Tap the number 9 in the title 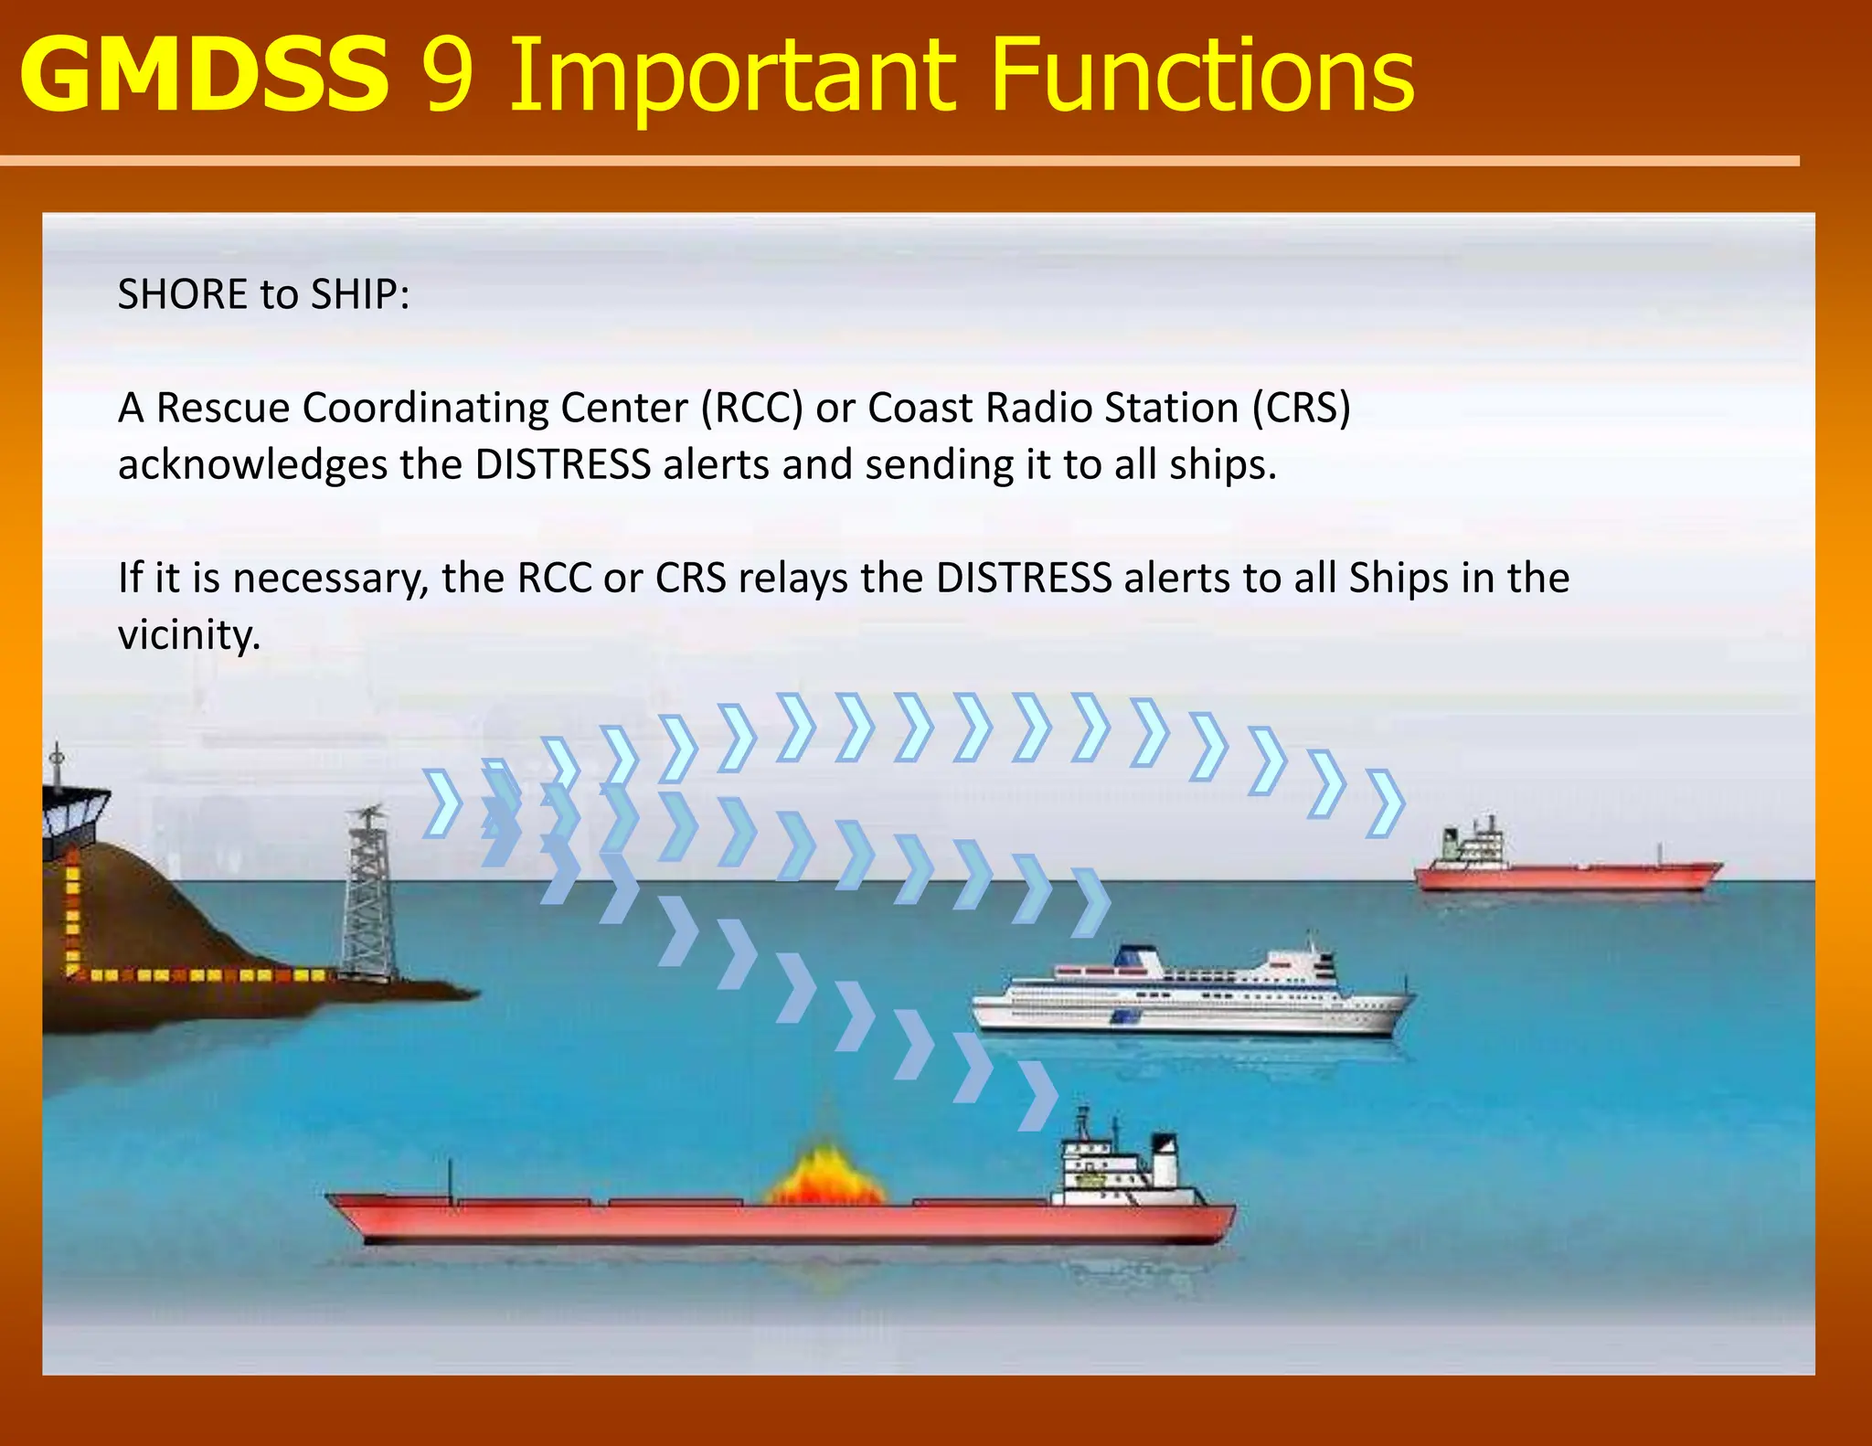coord(449,77)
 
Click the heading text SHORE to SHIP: coord(263,294)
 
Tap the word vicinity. coord(189,635)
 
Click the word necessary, coord(330,579)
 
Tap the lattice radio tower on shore coord(368,896)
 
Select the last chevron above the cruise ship coord(1090,902)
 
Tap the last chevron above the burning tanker coord(1037,1096)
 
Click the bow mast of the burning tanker coord(451,1182)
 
